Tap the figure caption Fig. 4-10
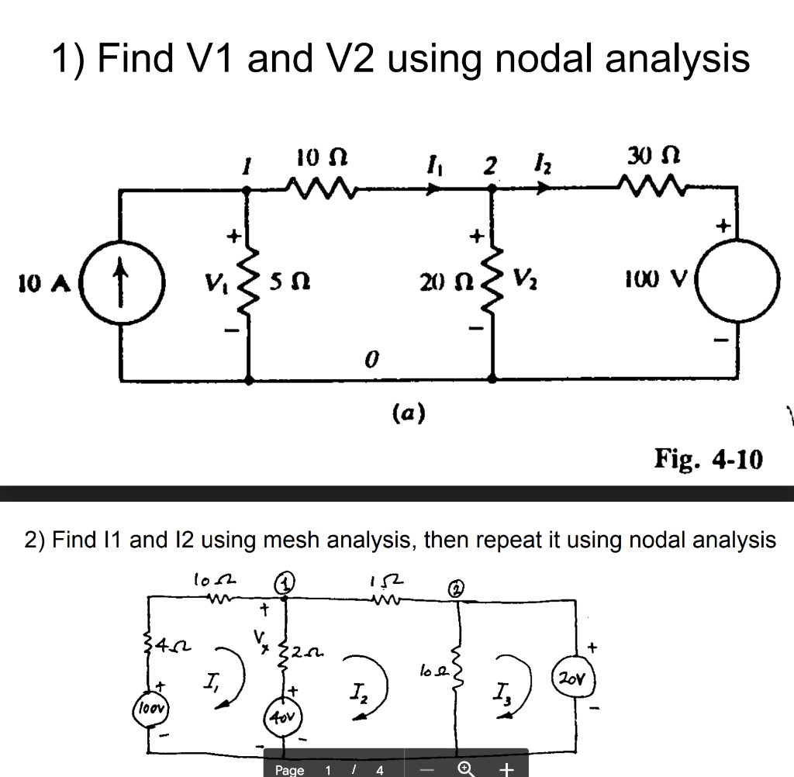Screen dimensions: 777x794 pyautogui.click(x=709, y=459)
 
